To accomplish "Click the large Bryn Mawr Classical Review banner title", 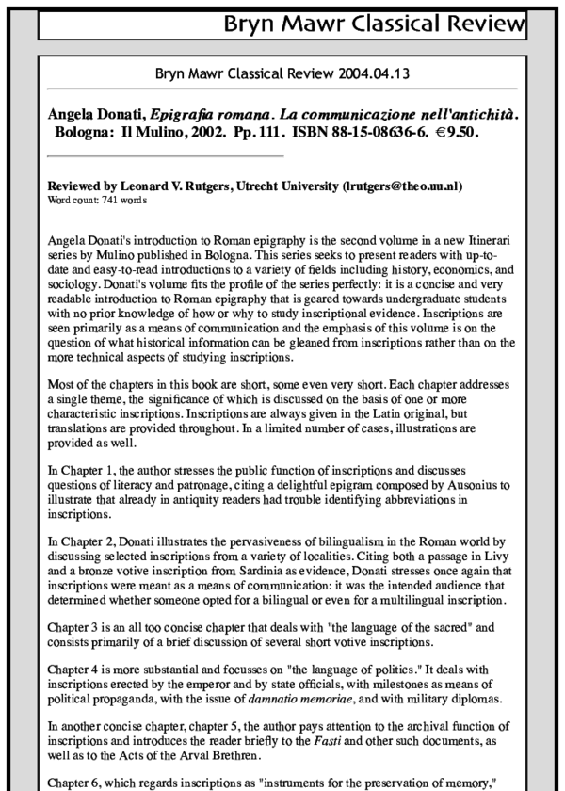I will (369, 21).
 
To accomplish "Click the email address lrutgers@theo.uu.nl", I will (401, 186).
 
